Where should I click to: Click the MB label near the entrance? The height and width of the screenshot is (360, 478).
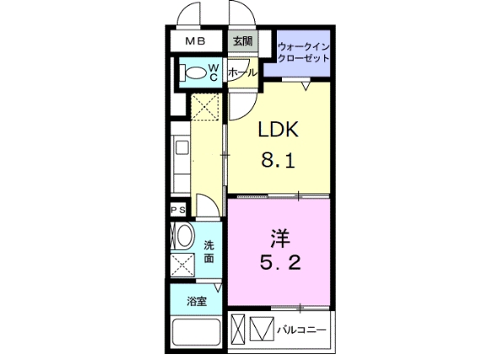[195, 40]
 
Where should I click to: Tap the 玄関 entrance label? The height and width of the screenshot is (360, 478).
[242, 40]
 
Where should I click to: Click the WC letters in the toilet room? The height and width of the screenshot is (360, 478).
[214, 72]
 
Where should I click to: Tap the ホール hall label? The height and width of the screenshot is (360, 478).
[242, 73]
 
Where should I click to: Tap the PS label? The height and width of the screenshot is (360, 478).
[178, 210]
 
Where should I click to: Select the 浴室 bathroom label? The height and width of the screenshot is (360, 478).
[186, 299]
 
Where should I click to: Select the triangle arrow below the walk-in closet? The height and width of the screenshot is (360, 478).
[307, 86]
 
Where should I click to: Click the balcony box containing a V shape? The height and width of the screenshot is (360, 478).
[263, 327]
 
